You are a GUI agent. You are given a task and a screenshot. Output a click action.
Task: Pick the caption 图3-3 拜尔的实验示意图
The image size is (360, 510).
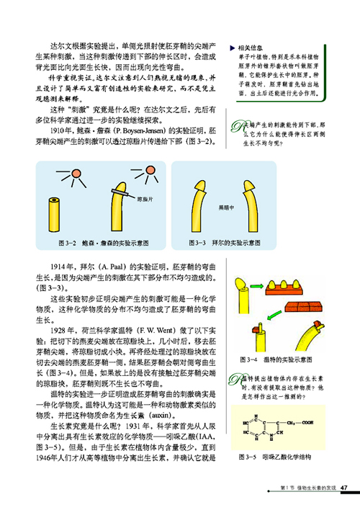pyautogui.click(x=220, y=243)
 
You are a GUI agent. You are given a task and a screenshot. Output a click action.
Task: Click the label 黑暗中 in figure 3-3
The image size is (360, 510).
pyautogui.click(x=225, y=207)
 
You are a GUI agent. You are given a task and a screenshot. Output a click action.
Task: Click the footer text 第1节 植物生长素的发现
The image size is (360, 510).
pyautogui.click(x=306, y=491)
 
